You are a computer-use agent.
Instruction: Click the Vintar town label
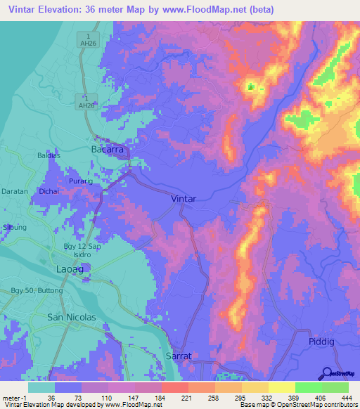coord(184,199)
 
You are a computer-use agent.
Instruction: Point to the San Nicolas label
coord(70,318)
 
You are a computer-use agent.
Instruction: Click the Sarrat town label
coord(178,356)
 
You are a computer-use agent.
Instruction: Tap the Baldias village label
coord(49,155)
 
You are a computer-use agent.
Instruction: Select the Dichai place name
coord(49,190)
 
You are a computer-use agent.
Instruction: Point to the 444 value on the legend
coord(346,398)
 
